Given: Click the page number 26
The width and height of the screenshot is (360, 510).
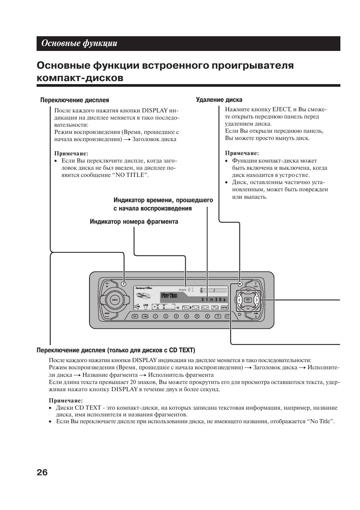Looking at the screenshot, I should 42,472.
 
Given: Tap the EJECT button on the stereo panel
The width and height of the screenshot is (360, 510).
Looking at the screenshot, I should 240,284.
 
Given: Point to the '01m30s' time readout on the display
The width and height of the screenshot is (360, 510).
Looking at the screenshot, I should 214,300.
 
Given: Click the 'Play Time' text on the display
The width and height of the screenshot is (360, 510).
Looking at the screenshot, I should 169,295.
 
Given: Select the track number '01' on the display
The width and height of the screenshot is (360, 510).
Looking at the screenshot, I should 191,290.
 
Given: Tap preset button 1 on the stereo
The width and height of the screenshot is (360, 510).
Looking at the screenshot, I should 155,316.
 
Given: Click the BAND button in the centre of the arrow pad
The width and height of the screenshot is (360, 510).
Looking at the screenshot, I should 248,300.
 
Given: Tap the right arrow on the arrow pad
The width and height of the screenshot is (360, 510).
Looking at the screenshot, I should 256,300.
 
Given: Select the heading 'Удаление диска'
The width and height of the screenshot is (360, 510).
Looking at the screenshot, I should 219,100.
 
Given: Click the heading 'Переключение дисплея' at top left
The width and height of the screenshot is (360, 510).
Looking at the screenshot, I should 75,100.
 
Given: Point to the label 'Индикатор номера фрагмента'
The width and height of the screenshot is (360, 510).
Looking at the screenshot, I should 134,222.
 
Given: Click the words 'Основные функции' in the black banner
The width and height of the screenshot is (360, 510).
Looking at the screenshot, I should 79,43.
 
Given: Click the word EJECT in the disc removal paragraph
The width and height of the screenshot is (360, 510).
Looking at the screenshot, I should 281,109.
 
